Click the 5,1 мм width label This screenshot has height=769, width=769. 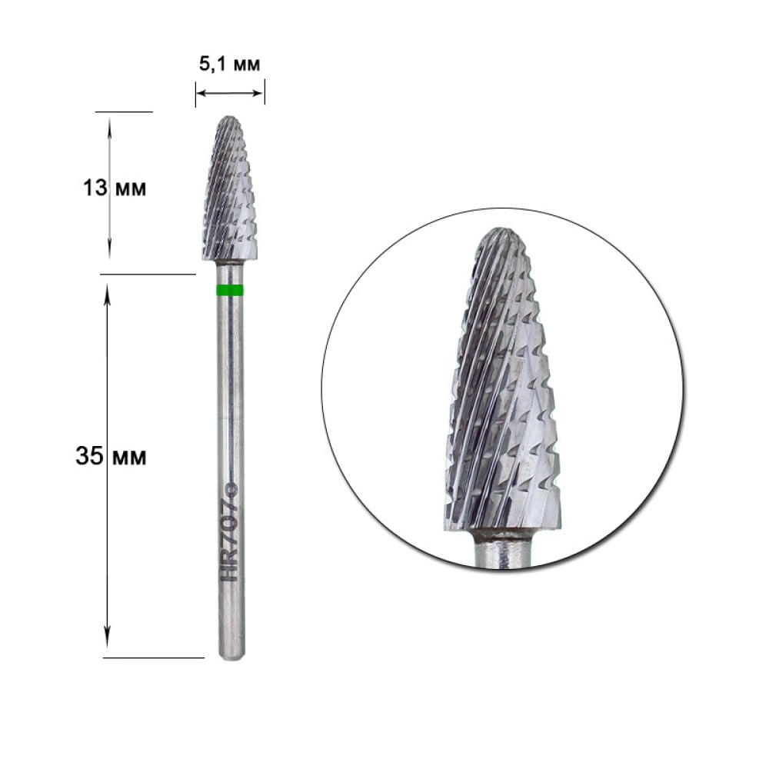click(x=229, y=65)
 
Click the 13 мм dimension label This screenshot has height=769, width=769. click(x=115, y=188)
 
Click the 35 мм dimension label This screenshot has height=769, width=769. click(x=111, y=457)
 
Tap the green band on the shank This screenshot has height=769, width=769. click(x=230, y=291)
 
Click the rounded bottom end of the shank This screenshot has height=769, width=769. click(x=231, y=655)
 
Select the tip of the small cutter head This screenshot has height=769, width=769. click(x=229, y=118)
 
